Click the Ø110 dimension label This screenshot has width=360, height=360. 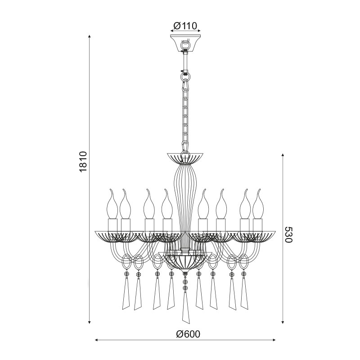[185, 26]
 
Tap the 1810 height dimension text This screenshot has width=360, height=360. [83, 162]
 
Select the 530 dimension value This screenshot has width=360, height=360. [288, 234]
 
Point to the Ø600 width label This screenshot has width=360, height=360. [188, 334]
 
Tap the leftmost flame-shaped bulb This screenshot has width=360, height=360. [112, 204]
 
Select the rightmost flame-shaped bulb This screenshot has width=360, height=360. [258, 204]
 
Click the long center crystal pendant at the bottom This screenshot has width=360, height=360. [185, 308]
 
